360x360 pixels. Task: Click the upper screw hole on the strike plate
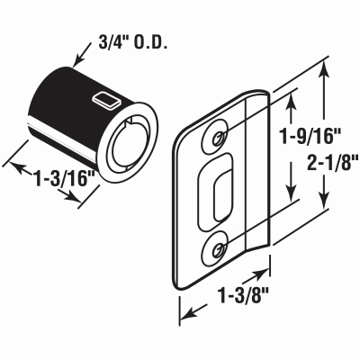(220, 136)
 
